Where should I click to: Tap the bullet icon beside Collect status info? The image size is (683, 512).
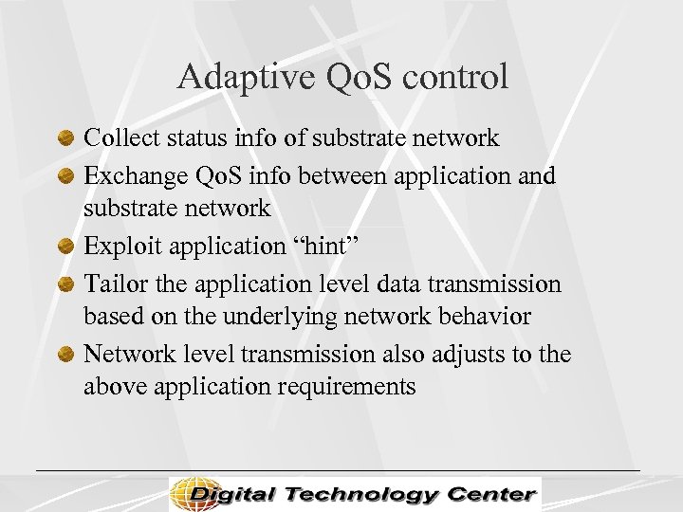coord(65,138)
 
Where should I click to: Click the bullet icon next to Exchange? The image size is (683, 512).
coord(65,176)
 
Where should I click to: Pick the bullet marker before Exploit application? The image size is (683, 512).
coord(65,247)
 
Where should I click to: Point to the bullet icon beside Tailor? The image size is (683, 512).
coord(65,284)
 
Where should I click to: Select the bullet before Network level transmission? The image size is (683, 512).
coord(65,355)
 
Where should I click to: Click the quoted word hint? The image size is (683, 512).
coord(319,247)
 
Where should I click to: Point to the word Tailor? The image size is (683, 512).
coord(112,284)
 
